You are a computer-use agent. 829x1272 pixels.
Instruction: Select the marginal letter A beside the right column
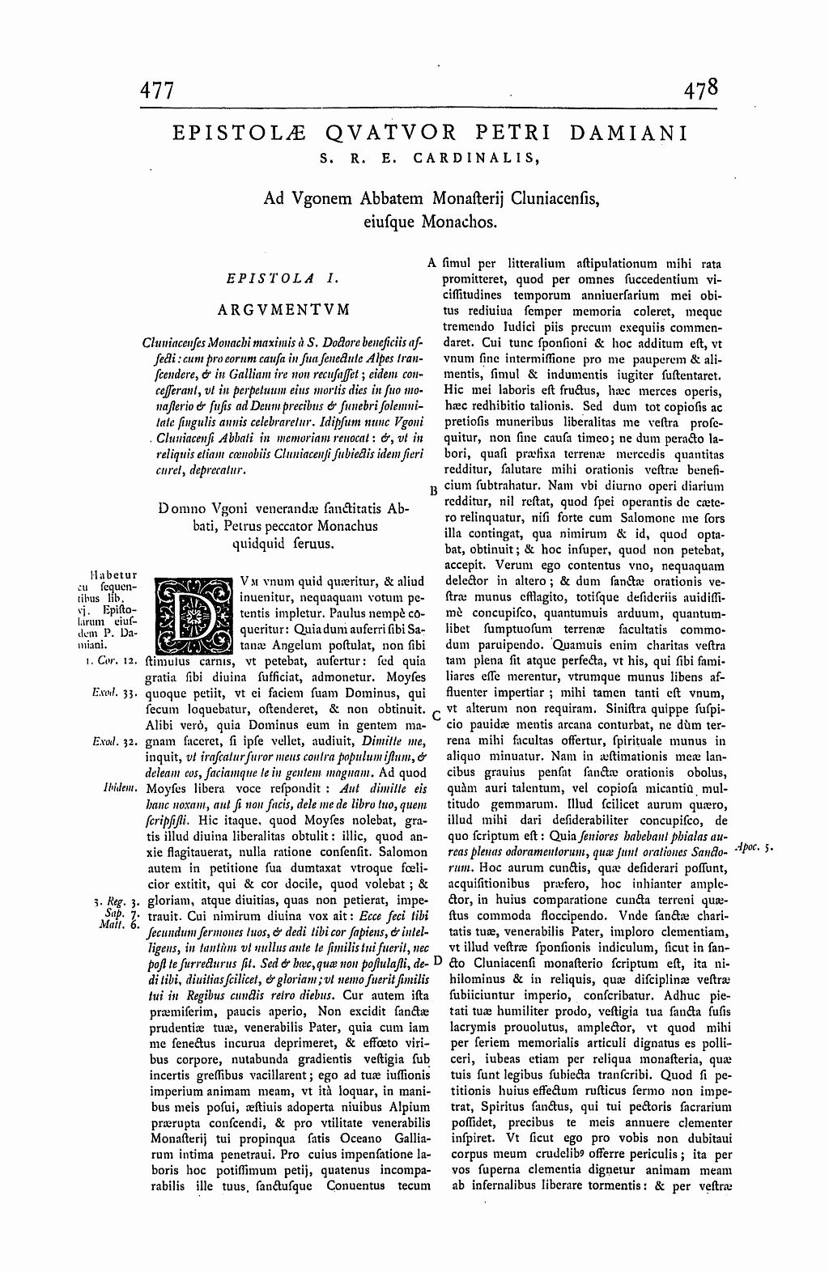432,263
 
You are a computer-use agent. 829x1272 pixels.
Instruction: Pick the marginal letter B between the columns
433,490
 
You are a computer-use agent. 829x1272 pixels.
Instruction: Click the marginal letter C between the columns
435,714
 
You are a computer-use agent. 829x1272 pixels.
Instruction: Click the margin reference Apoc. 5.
755,846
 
